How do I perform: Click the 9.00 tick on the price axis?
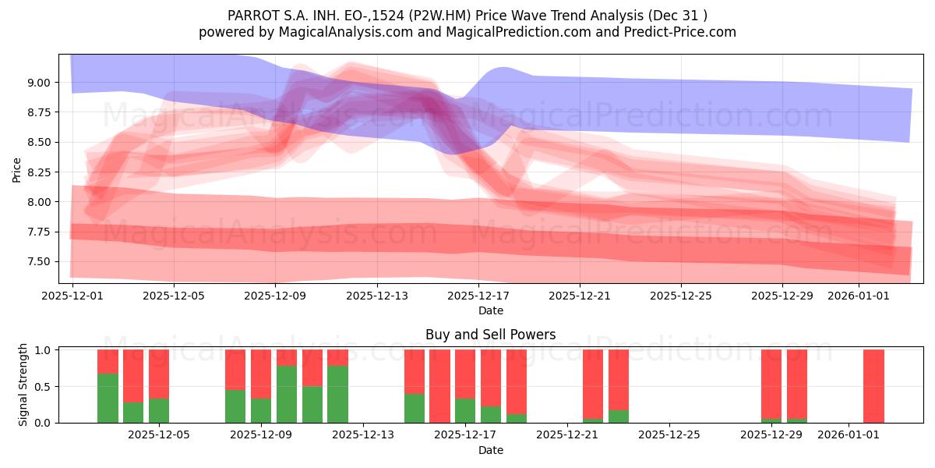38,83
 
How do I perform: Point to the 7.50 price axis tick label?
38,262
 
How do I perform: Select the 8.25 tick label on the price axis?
38,172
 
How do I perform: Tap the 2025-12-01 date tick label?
72,296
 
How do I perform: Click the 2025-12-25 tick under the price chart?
681,296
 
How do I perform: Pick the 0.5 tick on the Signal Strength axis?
44,387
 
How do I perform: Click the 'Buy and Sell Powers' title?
490,335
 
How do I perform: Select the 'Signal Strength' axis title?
23,385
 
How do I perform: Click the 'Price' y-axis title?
16,170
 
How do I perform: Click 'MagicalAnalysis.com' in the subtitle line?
346,32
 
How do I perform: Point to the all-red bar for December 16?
440,386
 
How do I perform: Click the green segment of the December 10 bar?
287,395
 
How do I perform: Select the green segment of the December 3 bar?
133,413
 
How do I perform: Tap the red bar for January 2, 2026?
873,386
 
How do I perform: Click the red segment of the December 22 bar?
593,384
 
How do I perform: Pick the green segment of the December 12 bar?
337,395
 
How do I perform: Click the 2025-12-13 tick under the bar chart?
363,434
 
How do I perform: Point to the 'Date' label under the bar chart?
490,450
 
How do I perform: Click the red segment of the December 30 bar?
797,384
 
